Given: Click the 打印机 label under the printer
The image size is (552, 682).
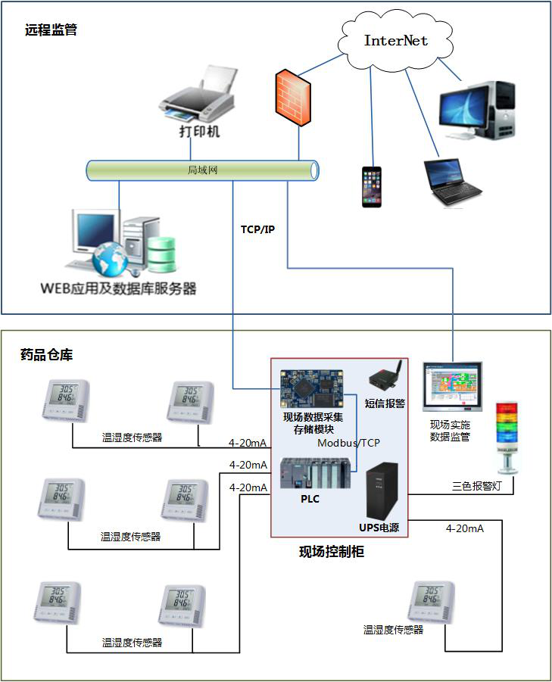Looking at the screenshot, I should (x=199, y=132).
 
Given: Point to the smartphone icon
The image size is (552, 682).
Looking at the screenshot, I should (x=371, y=186).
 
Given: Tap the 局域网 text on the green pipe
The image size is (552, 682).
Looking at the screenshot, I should (x=202, y=170).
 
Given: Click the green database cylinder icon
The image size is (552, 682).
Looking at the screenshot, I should (x=161, y=255).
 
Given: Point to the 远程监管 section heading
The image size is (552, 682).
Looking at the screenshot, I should (x=51, y=31).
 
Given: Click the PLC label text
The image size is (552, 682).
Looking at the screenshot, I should (x=310, y=500).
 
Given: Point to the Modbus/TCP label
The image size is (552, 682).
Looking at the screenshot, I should (x=348, y=443).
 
